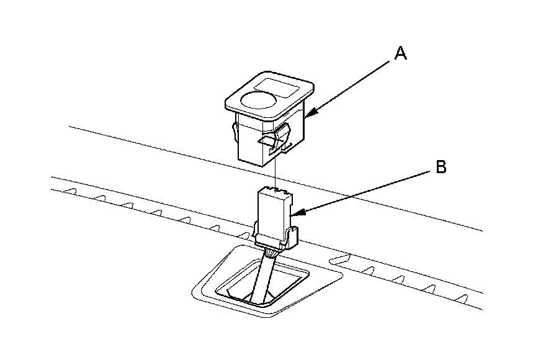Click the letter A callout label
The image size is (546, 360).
click(401, 54)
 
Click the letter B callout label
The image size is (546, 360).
click(440, 168)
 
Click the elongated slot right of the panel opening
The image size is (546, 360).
click(342, 256)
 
